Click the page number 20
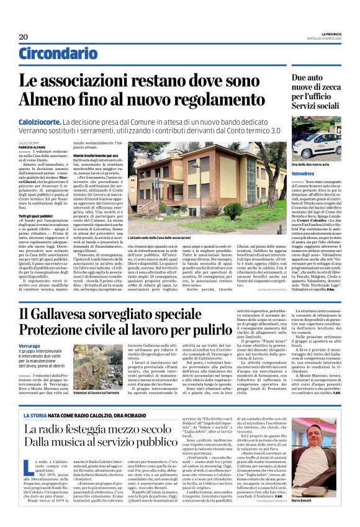(x=24, y=37)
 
